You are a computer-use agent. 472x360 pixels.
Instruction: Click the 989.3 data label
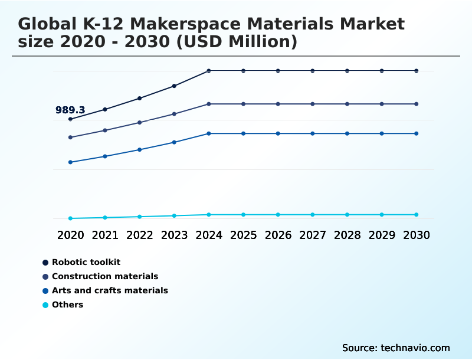70,110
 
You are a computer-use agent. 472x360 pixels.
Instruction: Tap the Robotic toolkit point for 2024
209,71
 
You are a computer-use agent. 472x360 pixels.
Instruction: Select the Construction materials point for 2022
140,122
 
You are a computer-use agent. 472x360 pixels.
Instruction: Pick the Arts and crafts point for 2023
174,142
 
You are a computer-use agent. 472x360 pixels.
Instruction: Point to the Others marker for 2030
416,215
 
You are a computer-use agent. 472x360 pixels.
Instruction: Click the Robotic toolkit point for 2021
105,109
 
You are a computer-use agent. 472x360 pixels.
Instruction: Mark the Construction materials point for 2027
313,104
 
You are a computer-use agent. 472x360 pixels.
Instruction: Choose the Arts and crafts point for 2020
71,162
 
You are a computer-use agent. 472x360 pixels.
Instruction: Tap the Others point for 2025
243,215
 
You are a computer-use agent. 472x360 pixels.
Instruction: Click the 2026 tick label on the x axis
278,235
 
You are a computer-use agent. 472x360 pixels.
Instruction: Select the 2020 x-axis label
71,235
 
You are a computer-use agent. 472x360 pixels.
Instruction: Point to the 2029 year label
382,235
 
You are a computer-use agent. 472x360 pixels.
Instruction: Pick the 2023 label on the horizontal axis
174,235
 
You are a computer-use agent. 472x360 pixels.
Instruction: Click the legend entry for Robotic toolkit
86,262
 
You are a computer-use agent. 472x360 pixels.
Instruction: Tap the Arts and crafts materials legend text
110,290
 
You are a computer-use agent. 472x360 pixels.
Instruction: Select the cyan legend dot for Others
45,305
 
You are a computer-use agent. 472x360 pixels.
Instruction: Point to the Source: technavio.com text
396,348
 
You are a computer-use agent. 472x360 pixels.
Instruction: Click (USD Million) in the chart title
242,42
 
